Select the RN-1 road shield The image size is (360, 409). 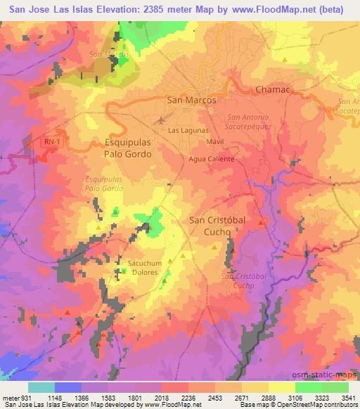coord(51,141)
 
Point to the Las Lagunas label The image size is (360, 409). coord(188,131)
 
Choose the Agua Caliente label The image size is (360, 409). coord(211,159)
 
